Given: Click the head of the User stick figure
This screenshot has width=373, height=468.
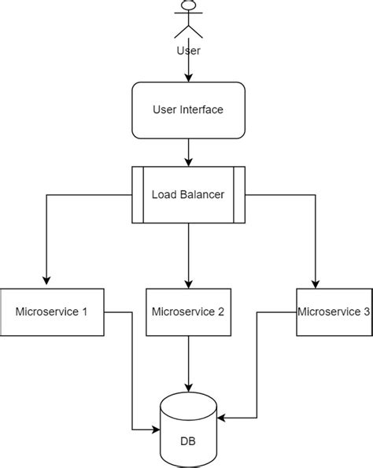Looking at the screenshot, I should (188, 5).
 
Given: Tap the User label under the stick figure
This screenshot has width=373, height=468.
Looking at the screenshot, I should (188, 50).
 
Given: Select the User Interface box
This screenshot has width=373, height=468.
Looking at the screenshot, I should (188, 109).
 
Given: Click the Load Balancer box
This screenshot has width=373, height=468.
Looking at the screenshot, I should (188, 193).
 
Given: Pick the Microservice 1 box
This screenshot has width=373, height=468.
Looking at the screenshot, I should (52, 311).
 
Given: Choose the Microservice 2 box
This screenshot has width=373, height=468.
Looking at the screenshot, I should (188, 311).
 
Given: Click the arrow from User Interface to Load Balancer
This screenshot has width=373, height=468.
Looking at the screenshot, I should (188, 151).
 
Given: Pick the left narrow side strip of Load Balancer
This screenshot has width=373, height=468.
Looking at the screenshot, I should (136, 193).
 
